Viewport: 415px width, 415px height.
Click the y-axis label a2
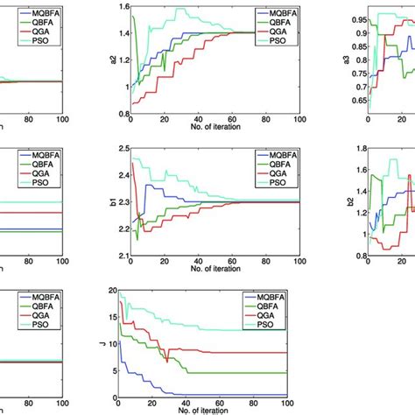(x=112, y=62)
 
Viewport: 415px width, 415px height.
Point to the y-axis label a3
(x=337, y=62)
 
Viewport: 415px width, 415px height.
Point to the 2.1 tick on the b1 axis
(x=121, y=257)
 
